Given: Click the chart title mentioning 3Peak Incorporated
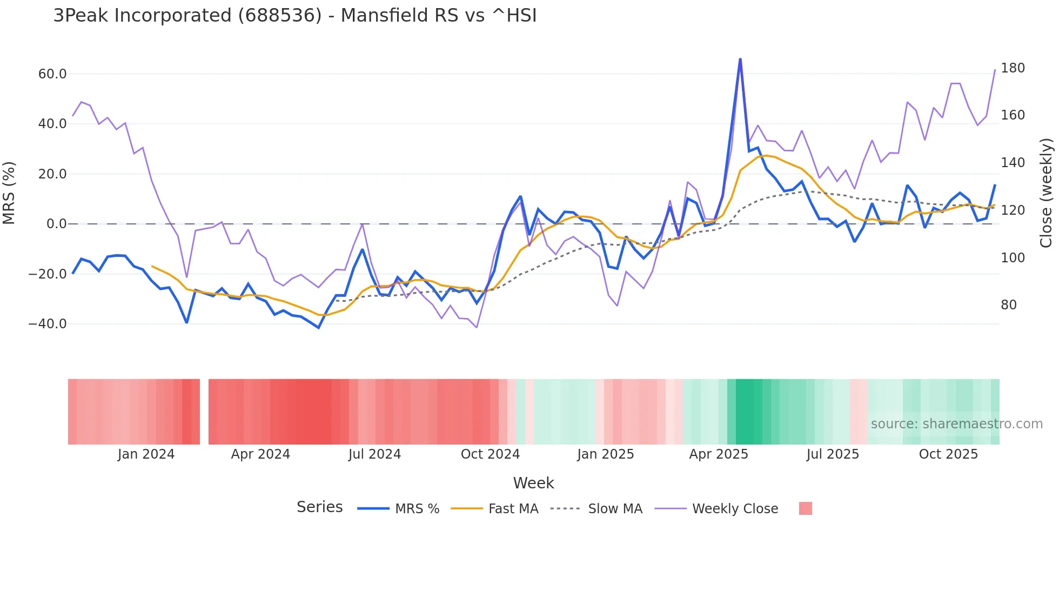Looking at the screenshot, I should [x=295, y=16].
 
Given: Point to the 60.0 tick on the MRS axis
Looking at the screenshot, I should [x=52, y=74].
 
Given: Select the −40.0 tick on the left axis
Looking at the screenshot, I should [x=48, y=324].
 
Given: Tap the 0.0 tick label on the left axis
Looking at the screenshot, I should [x=56, y=224].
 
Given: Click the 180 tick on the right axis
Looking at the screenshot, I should [x=1013, y=68].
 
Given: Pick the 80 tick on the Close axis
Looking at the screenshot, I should [x=1009, y=305].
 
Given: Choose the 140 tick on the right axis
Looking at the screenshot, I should [x=1013, y=163].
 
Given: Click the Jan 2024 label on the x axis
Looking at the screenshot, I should [x=146, y=454].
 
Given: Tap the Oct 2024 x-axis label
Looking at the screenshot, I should [x=490, y=454].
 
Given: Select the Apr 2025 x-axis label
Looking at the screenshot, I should [x=719, y=454].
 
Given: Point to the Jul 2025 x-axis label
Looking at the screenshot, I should [x=833, y=454].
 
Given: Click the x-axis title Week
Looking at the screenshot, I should [x=533, y=483].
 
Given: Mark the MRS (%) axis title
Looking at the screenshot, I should [x=9, y=193].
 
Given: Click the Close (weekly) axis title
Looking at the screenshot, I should [x=1047, y=193].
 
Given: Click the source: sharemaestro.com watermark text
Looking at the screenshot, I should [x=956, y=424].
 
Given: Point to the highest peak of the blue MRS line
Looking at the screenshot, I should [x=740, y=59].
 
